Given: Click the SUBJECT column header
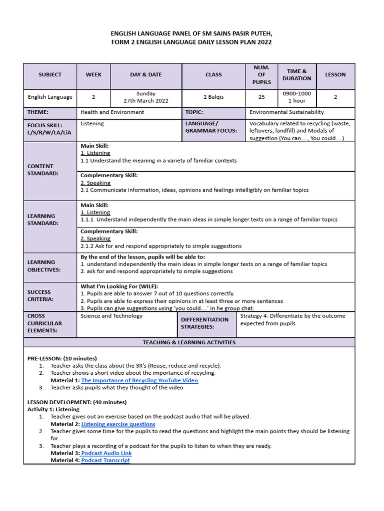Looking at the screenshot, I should click(50, 75).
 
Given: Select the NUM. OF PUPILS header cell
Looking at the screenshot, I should click(261, 75).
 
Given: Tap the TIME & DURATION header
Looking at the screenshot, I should click(296, 75).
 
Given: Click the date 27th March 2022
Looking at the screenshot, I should click(146, 101).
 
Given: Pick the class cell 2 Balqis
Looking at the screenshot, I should click(213, 97).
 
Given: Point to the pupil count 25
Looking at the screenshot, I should click(261, 97).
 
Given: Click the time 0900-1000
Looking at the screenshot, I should click(296, 94).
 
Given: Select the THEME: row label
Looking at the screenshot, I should click(38, 113).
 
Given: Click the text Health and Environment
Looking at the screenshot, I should click(112, 112).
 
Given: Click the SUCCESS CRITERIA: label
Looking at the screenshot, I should click(40, 295).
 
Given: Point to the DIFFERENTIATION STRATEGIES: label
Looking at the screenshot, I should click(204, 323).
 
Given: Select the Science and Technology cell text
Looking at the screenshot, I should click(111, 316).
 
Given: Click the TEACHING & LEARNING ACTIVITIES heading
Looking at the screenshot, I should click(189, 343).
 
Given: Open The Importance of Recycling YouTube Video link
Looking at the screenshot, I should click(139, 380).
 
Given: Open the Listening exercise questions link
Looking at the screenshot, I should click(118, 424).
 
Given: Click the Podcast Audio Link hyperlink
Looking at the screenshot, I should click(106, 453).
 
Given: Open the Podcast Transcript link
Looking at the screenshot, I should click(105, 460).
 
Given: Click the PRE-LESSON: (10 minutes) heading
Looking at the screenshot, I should click(62, 358).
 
